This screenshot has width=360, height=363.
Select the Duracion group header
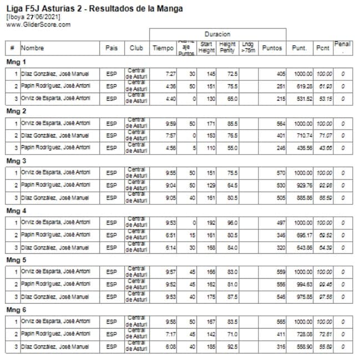pos(217,34)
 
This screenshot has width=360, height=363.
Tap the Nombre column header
pos(33,48)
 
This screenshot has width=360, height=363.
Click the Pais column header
pos(111,48)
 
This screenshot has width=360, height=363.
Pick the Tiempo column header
pos(163,48)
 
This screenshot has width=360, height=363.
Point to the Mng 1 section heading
pos(16,62)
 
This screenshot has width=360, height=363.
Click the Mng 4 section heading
pos(16,211)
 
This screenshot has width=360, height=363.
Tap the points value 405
pos(281,74)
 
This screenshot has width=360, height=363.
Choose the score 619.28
pos(303,86)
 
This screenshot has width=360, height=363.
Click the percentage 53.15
pos(324,99)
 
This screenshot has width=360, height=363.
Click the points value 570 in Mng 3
pos(281,172)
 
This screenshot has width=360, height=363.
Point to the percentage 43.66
pos(324,148)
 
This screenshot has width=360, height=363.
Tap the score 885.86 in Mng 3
pos(303,197)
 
